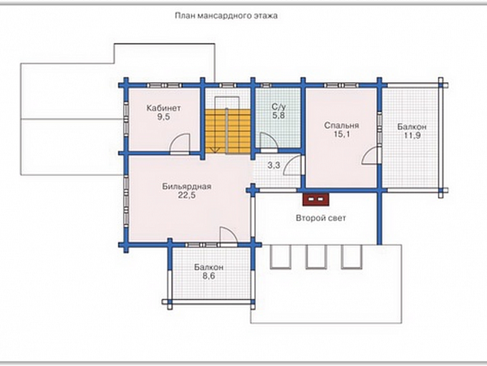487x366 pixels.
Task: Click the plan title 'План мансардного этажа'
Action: (226, 15)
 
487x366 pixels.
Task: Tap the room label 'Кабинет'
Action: (164, 108)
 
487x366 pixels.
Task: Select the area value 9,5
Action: (164, 117)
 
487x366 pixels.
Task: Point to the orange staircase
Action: (227, 131)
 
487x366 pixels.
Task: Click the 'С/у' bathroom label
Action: (278, 108)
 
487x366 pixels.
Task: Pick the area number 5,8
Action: (279, 116)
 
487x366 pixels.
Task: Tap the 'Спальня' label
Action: (341, 125)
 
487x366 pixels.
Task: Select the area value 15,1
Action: (342, 135)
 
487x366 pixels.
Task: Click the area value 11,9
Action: (412, 135)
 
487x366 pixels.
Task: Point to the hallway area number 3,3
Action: (273, 165)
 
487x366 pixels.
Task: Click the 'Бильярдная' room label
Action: (187, 187)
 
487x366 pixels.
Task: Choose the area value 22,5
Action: (187, 195)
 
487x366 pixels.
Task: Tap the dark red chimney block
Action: (316, 199)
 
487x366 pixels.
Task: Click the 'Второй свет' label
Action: (321, 218)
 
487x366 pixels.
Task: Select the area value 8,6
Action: (209, 276)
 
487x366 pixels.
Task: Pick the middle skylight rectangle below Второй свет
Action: (316, 257)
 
